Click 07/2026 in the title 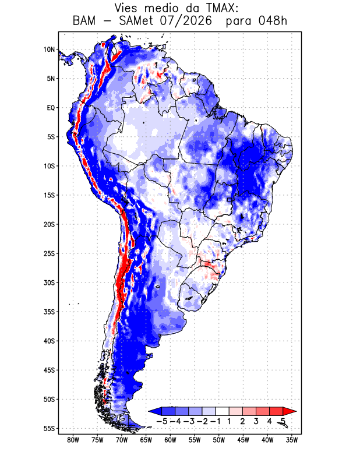[186, 21]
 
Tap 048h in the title [273, 21]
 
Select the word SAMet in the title [136, 21]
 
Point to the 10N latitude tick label [50, 50]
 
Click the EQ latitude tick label [51, 108]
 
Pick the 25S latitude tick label [50, 253]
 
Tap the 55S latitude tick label [50, 429]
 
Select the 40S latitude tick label [50, 341]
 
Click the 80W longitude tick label [73, 440]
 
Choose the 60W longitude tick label [170, 440]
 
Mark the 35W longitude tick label [292, 440]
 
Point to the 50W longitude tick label [219, 440]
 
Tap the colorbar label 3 [256, 421]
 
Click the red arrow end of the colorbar [290, 411]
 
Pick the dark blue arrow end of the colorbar [155, 411]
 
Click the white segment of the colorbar [223, 411]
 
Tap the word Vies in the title [126, 8]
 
